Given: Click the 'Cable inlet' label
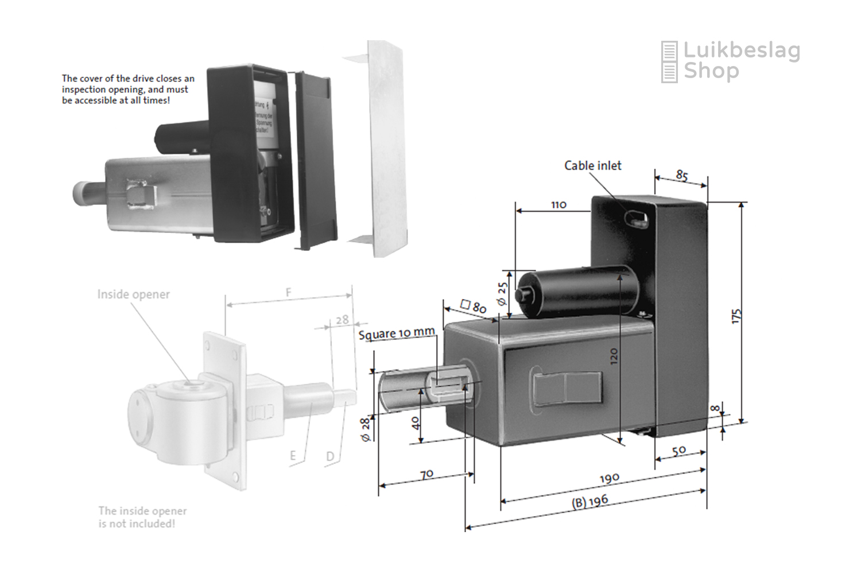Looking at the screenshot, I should (592, 166).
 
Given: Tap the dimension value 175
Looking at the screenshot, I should (737, 316).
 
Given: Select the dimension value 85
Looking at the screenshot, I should (682, 175).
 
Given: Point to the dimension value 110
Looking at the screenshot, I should (559, 204).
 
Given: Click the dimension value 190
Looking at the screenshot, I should (610, 478).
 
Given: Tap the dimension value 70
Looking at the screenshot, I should (426, 475).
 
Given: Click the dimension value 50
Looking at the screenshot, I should (679, 451).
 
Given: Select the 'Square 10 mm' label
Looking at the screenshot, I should (397, 333).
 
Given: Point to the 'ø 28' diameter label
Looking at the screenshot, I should (365, 429).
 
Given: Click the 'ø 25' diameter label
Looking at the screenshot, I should (502, 293).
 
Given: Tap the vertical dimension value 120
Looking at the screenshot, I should (614, 356).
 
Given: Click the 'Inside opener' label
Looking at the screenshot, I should (133, 294).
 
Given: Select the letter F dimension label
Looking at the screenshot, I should (289, 293).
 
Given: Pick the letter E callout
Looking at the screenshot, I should (293, 456).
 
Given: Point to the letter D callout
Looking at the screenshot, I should (330, 456).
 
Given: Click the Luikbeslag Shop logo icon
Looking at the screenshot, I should (669, 61).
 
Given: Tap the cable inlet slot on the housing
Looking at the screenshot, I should (636, 219).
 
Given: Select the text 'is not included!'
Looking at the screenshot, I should (137, 524).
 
